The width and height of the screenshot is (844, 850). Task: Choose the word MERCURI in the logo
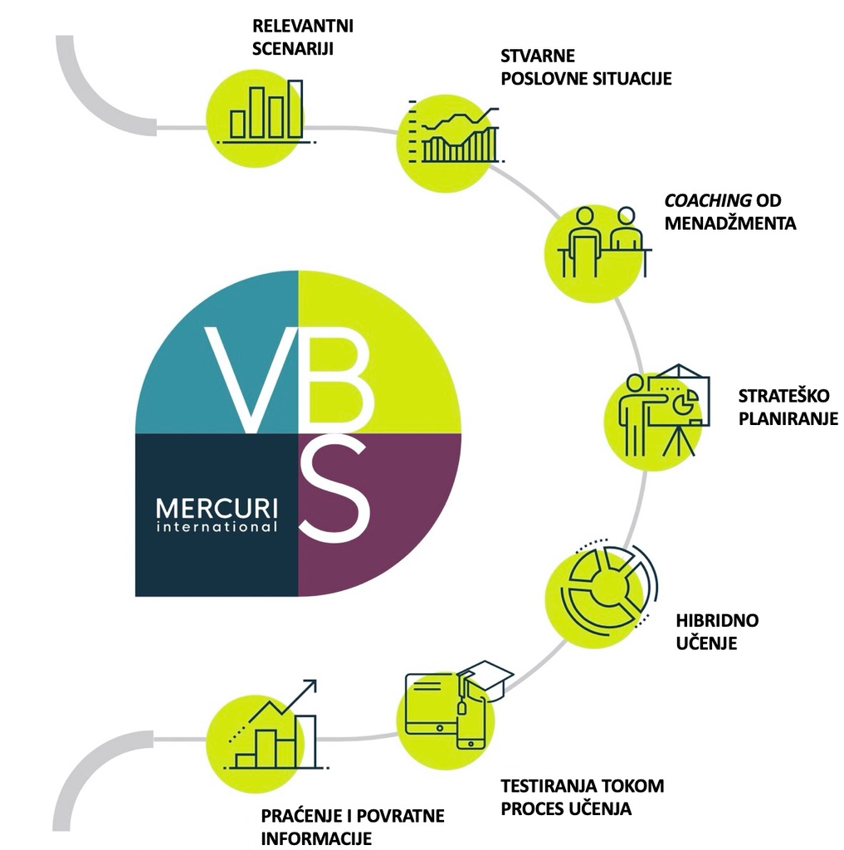coord(217,507)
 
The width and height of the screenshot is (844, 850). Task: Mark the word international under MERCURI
coord(217,526)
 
